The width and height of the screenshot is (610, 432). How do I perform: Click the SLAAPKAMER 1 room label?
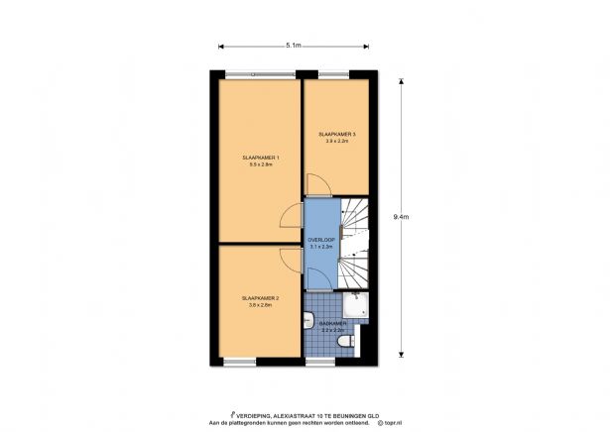coord(260,159)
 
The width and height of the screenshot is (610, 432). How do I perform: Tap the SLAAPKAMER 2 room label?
coord(260,297)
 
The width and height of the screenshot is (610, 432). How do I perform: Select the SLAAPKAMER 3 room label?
coord(337,134)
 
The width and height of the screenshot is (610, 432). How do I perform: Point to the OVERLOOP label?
coord(319,239)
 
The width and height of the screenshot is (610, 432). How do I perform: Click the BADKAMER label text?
coord(333,323)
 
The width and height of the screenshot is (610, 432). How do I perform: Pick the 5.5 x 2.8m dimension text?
coord(260,165)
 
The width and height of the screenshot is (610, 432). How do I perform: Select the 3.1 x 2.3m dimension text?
coord(319,246)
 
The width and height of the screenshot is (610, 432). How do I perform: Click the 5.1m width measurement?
coord(294,46)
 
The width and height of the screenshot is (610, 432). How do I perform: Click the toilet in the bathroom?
coord(343,342)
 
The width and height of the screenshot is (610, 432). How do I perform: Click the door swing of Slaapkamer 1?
coord(291,215)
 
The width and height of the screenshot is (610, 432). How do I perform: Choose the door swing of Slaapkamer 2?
coord(291,260)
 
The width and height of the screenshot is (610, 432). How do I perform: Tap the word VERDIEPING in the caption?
coord(256,415)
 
